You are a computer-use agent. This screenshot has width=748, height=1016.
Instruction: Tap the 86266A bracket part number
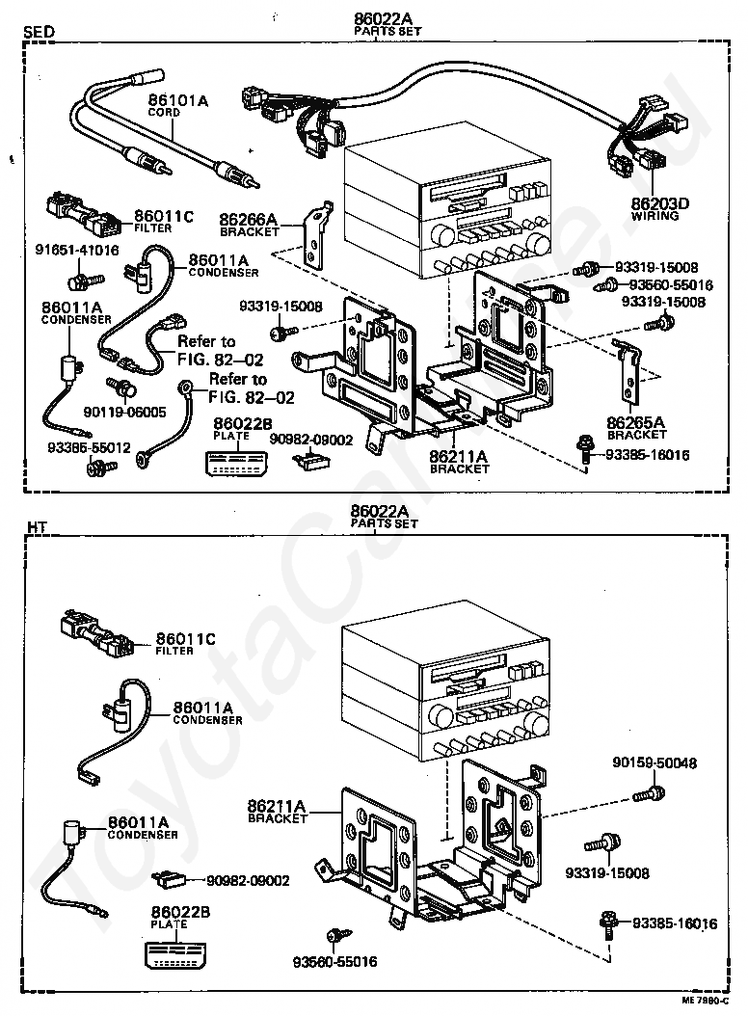tap(248, 220)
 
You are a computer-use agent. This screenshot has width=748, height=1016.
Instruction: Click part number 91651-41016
tap(77, 251)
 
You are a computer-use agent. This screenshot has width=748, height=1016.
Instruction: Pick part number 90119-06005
tap(133, 411)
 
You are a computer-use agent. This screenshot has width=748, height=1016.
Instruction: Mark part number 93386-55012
tap(90, 449)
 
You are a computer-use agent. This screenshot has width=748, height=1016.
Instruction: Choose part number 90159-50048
tap(654, 763)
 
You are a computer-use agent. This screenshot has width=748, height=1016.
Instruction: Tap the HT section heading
tap(37, 526)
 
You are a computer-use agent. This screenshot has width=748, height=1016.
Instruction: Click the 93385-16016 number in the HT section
tap(675, 923)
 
